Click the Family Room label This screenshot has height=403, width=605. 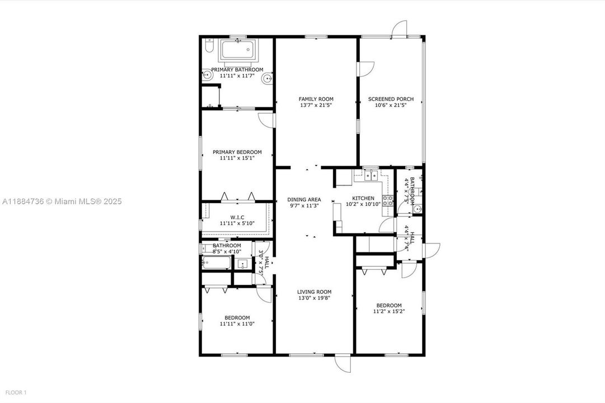(x=316, y=99)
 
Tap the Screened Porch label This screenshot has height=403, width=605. (x=391, y=99)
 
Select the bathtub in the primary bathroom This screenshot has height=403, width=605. (x=238, y=51)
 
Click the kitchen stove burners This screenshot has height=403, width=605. (x=387, y=200)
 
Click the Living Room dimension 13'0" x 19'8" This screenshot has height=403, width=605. (x=314, y=298)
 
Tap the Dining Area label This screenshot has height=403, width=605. (x=304, y=199)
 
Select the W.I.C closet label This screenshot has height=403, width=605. (x=237, y=217)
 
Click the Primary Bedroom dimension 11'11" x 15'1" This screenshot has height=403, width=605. (x=237, y=158)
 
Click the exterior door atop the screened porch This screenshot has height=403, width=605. (x=399, y=29)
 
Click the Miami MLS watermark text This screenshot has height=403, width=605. (x=62, y=201)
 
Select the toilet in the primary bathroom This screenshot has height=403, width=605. (x=208, y=46)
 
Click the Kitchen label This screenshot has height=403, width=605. (x=363, y=198)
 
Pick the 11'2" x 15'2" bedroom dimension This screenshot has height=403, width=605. (x=389, y=311)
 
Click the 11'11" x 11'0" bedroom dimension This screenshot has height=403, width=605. (x=237, y=324)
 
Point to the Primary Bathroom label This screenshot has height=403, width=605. (x=237, y=70)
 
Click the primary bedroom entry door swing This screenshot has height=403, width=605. (x=265, y=119)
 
